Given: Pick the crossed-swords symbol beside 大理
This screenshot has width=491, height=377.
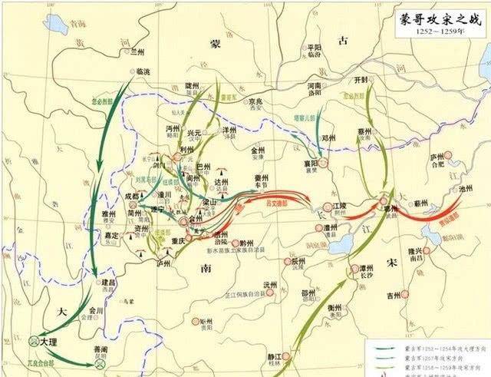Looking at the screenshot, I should (34, 339).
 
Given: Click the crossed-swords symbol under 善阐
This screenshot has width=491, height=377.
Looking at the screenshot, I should (101, 366).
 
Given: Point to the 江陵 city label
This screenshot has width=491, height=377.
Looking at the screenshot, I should (347, 207).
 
